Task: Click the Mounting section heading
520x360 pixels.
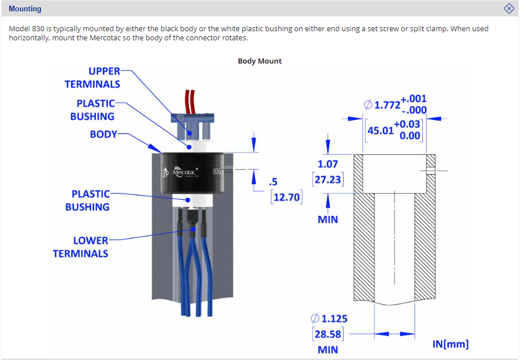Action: point(25,9)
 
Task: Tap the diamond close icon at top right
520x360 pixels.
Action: point(509,9)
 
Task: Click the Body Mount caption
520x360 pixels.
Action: point(259,61)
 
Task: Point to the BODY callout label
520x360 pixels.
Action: point(103,135)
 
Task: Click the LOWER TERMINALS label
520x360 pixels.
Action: point(81,247)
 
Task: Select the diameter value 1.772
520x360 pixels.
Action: point(388,104)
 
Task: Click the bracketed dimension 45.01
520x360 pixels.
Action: point(380,131)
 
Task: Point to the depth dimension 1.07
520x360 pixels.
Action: point(328,164)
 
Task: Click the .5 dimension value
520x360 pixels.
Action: point(273,182)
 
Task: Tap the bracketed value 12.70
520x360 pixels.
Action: point(286,197)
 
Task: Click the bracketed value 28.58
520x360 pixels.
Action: point(328,334)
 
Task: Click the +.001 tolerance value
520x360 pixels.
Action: point(413,99)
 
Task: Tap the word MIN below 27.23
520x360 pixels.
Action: point(328,219)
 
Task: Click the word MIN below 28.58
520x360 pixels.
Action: point(328,349)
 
